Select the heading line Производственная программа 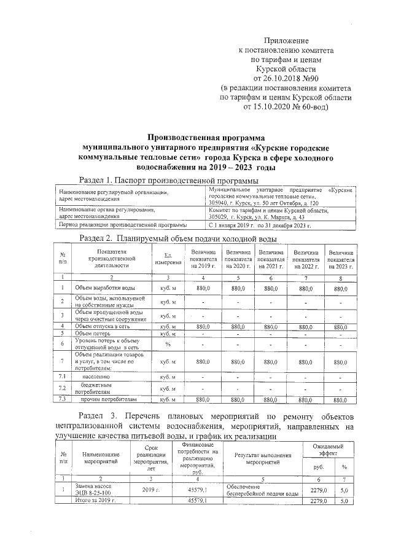pos(202,139)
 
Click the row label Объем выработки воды pos(106,288)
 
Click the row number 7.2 pos(63,388)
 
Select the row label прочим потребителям pos(108,400)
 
